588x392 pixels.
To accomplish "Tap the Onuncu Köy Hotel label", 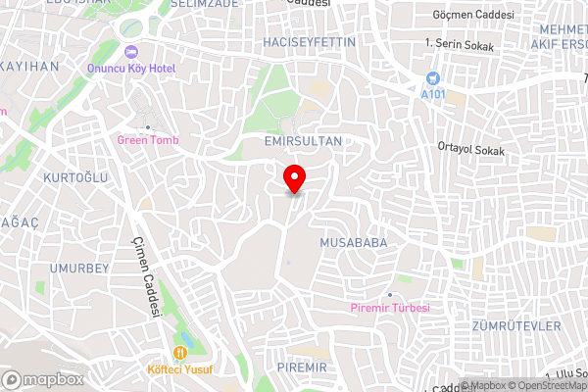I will tap(129, 68).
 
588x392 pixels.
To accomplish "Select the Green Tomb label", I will tap(148, 140).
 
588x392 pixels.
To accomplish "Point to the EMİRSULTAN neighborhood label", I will tap(303, 141).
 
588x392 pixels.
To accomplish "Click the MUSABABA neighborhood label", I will tap(354, 241).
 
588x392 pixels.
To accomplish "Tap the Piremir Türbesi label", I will tap(389, 308).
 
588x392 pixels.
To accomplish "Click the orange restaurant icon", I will tap(179, 353).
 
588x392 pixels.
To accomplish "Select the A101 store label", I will tap(432, 93).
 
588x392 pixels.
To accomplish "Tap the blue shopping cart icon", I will tap(432, 77).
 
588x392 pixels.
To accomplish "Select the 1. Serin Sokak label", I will tap(460, 44).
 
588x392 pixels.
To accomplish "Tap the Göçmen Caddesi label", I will tap(473, 16).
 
